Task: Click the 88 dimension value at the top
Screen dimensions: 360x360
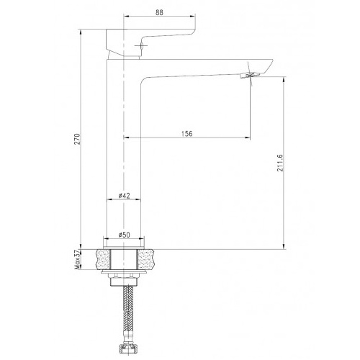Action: [159, 12]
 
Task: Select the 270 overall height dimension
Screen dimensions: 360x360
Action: [77, 139]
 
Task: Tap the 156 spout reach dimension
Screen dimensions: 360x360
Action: [186, 134]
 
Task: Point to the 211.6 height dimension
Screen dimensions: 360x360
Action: [280, 163]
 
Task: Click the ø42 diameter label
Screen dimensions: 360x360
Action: [124, 196]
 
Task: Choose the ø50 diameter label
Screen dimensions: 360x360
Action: [124, 235]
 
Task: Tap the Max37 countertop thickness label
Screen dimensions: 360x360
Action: [77, 260]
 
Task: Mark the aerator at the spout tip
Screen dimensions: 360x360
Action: [250, 75]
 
